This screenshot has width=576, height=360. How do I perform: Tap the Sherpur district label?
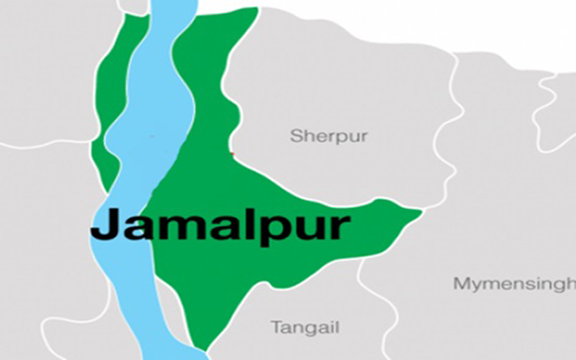(x=329, y=136)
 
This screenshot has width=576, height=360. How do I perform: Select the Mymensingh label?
(x=514, y=284)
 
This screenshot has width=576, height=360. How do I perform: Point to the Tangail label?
(x=305, y=328)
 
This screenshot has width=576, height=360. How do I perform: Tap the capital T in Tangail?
(x=277, y=327)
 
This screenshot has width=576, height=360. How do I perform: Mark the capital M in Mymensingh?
(x=462, y=283)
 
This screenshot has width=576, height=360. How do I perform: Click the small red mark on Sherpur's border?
(x=232, y=154)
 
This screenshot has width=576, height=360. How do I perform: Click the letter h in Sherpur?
(x=309, y=135)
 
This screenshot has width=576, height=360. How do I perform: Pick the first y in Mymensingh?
(x=477, y=287)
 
